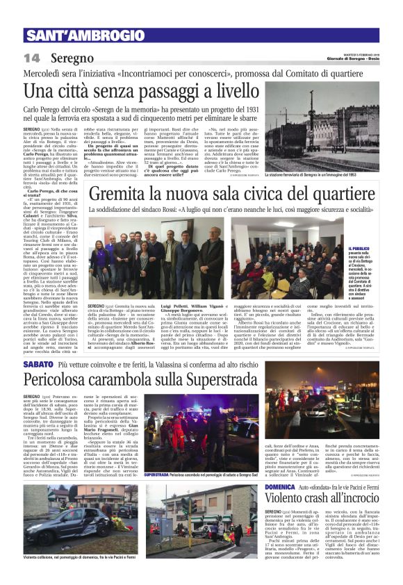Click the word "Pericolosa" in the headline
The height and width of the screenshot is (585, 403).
pyautogui.click(x=60, y=381)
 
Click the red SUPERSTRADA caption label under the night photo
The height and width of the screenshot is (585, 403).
pyautogui.click(x=159, y=475)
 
